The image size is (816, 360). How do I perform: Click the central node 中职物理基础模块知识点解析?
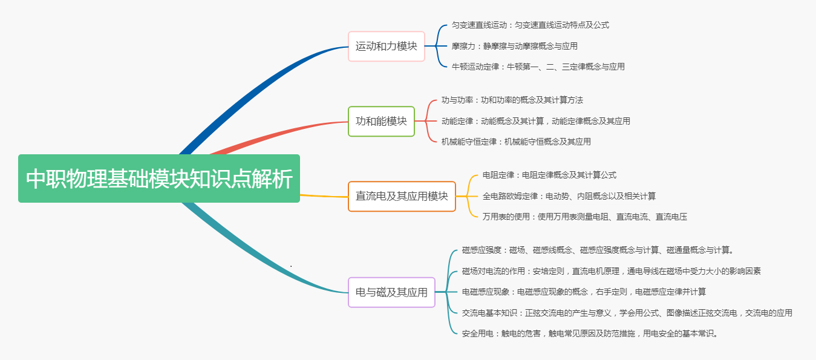point(159,178)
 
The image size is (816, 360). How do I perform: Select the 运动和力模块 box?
point(387,46)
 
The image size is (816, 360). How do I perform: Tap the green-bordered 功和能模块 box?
point(381,121)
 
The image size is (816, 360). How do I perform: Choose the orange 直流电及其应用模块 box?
point(402,196)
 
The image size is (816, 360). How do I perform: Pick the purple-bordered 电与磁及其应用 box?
point(391,292)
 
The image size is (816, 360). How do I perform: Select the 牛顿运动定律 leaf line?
point(538,67)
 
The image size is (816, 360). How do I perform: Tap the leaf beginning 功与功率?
point(512,100)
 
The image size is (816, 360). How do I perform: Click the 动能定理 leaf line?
point(535,121)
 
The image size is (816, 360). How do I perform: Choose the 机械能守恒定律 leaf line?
point(516,142)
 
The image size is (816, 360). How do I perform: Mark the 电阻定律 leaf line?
point(549,175)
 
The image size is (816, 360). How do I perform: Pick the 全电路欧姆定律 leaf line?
point(569,196)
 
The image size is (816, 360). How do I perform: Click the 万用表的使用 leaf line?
point(584,217)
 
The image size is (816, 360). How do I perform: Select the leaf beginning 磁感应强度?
point(598,250)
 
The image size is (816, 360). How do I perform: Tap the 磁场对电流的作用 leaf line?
point(611,271)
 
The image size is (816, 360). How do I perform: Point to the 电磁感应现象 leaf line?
point(584,292)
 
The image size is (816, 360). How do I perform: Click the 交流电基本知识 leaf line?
point(627,313)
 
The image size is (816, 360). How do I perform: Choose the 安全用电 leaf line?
point(590,333)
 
